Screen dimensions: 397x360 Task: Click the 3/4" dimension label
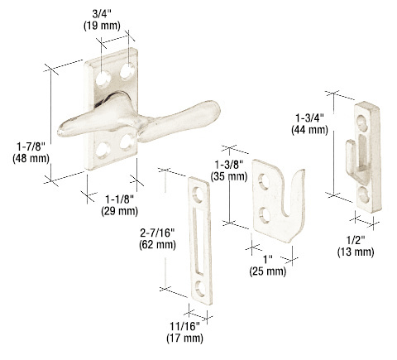click(103, 14)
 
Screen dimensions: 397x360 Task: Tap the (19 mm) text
click(102, 26)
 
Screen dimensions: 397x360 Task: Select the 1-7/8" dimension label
click(31, 146)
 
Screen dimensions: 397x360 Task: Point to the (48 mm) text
click(31, 159)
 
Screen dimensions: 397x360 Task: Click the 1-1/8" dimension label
click(120, 199)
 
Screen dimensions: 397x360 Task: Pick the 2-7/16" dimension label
click(157, 233)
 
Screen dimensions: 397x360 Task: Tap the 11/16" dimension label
click(184, 326)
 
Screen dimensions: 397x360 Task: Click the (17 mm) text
click(184, 338)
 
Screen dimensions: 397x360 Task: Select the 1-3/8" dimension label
click(229, 165)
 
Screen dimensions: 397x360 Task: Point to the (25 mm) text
click(268, 271)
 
